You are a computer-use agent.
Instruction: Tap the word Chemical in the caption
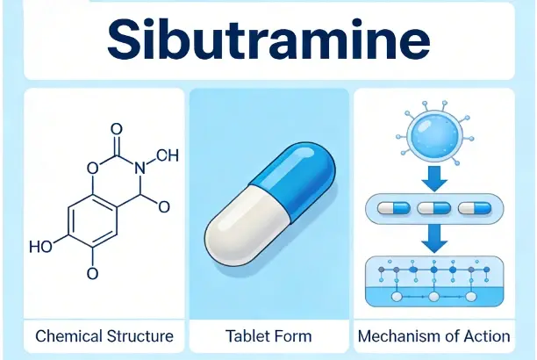(x=67, y=335)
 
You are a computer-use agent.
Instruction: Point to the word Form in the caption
(x=294, y=335)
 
